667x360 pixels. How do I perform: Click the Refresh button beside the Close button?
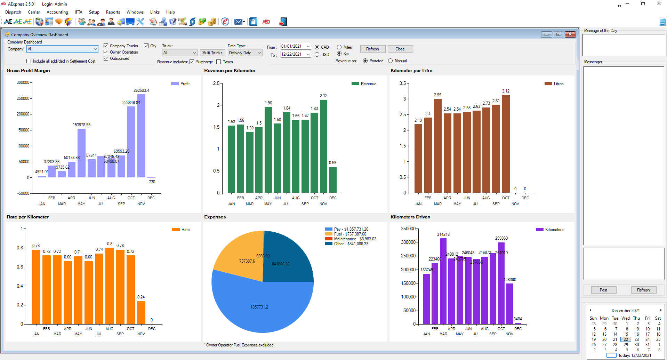point(372,49)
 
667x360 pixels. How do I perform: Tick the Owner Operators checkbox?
point(106,52)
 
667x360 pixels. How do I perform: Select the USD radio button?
point(317,55)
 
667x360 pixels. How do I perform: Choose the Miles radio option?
point(339,47)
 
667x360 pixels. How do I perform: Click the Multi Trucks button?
point(212,53)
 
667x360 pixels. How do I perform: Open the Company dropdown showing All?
point(62,49)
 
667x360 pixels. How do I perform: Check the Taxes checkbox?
point(219,62)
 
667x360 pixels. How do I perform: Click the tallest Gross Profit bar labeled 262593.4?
point(141,136)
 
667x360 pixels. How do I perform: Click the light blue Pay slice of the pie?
point(261,306)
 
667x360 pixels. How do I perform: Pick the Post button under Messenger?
point(603,290)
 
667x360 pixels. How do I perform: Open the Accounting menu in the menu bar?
point(57,12)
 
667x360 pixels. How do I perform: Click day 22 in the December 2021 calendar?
point(626,339)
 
